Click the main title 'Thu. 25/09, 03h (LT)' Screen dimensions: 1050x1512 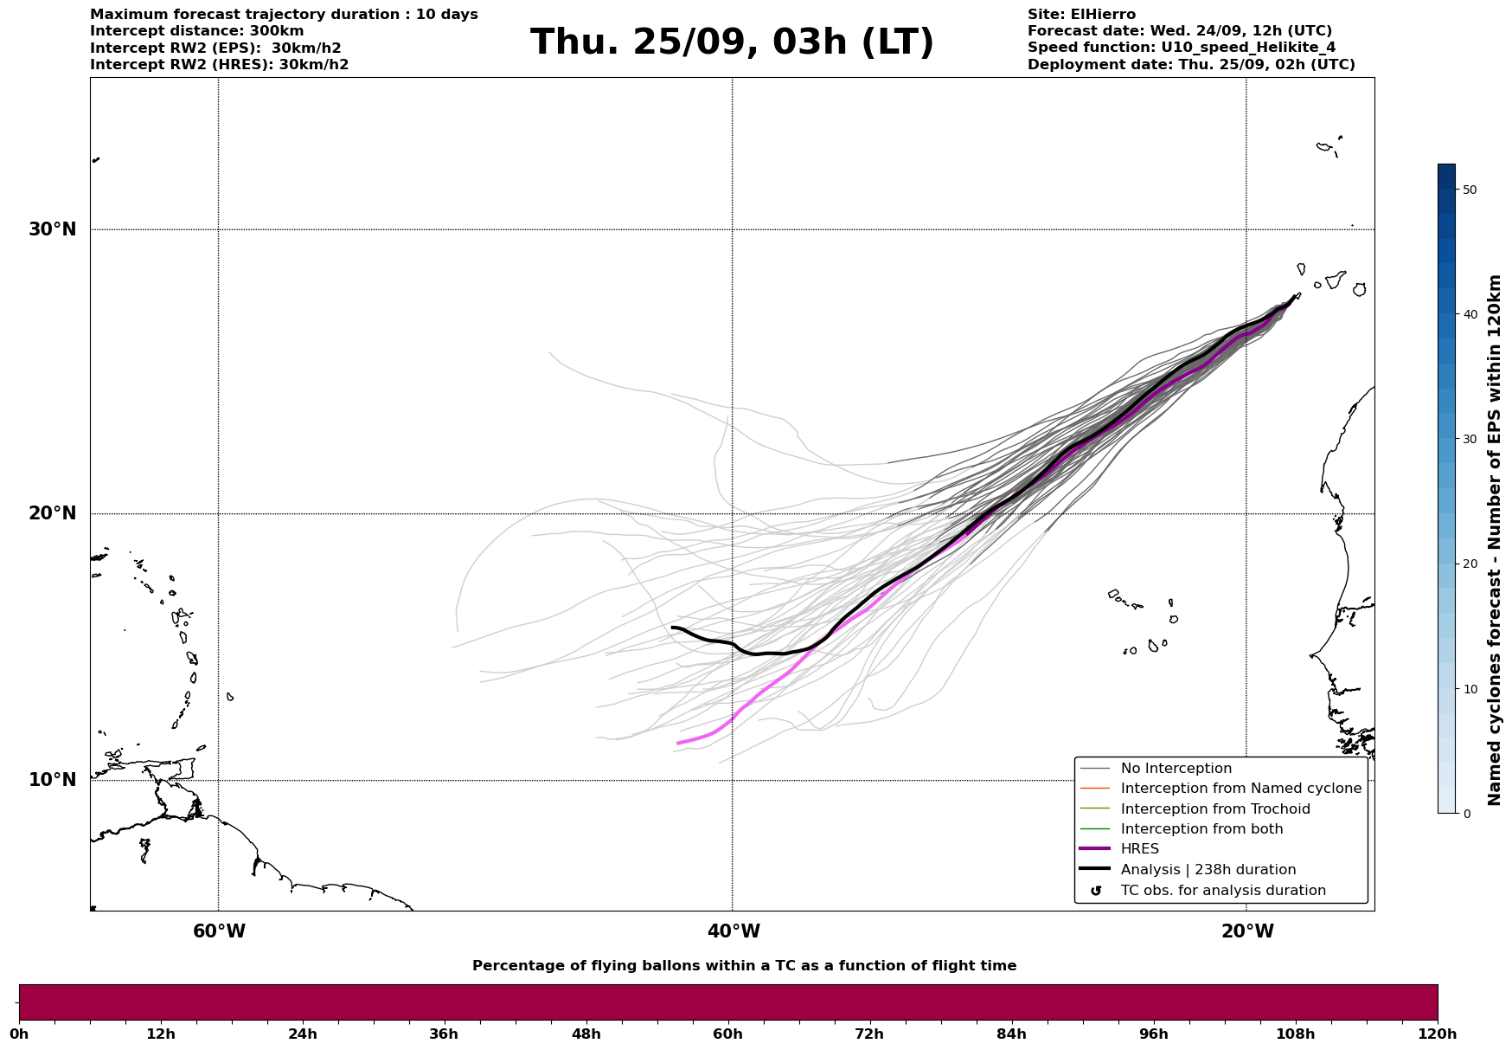(732, 42)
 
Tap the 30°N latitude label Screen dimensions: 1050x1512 (52, 229)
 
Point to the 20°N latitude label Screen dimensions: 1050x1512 (52, 513)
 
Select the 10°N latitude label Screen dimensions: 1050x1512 (52, 780)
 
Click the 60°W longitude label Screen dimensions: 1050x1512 (219, 931)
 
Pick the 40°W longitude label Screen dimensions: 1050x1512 (733, 931)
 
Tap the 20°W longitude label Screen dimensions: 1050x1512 (1246, 931)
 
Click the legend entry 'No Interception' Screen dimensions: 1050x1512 (1176, 769)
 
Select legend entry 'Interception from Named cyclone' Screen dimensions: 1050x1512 (1240, 789)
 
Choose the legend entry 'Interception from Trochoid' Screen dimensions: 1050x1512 (1214, 809)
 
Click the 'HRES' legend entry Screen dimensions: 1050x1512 (1139, 849)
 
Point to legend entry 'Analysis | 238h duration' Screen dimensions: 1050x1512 (1208, 870)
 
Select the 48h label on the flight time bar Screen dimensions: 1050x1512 (586, 1034)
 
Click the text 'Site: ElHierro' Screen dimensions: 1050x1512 (1081, 15)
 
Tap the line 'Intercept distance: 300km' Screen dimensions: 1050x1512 (196, 31)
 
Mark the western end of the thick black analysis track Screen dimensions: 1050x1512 (673, 628)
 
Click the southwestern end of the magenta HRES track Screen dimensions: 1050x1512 (678, 743)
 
